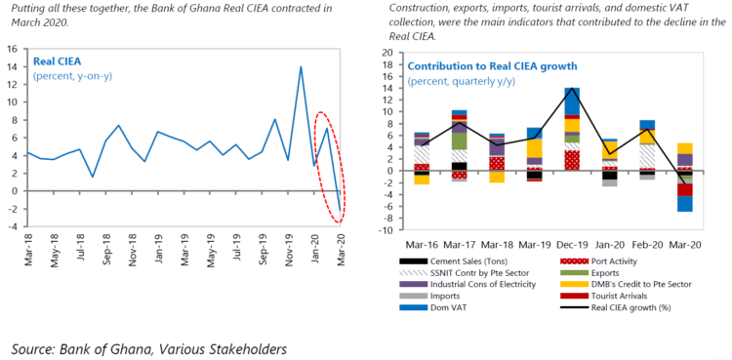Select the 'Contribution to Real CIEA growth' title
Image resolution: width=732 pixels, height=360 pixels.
tap(493, 66)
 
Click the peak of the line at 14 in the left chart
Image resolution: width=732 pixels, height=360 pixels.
tap(301, 67)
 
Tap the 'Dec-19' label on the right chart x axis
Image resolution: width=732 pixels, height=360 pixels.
tap(572, 246)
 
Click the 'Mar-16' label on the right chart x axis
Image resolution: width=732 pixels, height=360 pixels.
tap(422, 246)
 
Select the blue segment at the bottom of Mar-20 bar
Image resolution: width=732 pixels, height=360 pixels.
tap(684, 204)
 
